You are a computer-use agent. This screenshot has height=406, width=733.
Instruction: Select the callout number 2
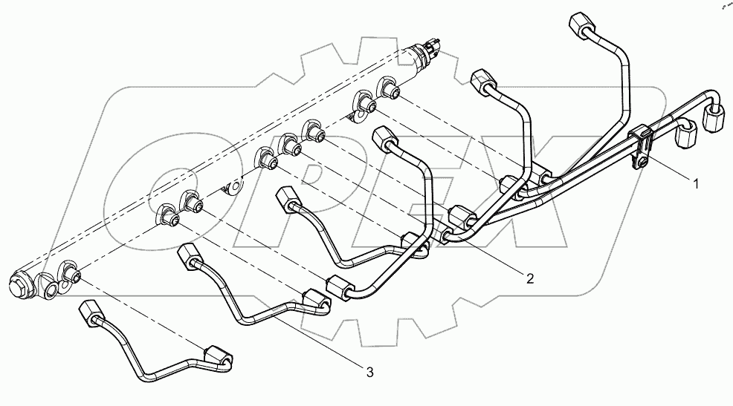click(529, 279)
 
